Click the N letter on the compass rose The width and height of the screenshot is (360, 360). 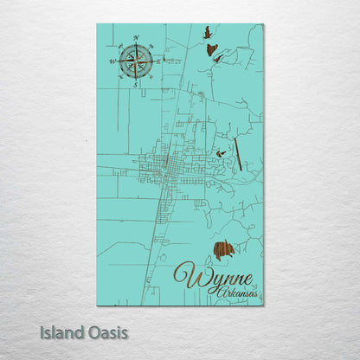tap(136, 38)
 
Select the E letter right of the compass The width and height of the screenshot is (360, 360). tap(159, 61)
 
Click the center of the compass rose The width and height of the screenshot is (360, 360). tap(136, 61)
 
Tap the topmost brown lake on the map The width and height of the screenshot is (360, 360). tap(206, 33)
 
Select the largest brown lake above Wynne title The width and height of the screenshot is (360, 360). tap(223, 252)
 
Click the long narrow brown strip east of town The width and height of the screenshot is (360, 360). tap(238, 151)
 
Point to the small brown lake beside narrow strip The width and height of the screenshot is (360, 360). tap(221, 154)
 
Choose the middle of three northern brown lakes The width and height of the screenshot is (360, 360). tap(211, 49)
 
